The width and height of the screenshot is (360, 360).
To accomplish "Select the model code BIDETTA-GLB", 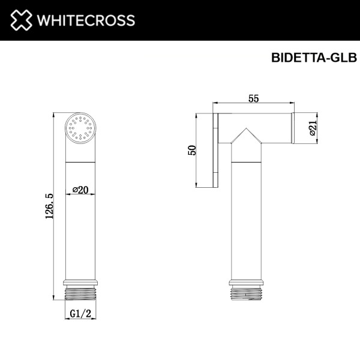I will pos(314,58).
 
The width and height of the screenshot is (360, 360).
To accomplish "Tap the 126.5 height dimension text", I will pos(49,206).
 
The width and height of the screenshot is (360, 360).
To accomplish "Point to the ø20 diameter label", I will pos(80,190).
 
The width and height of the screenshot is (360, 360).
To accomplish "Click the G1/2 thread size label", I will pos(80,313).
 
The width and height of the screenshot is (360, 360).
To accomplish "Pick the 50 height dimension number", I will pos(192,150).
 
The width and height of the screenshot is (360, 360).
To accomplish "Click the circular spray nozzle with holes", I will pos(80,128).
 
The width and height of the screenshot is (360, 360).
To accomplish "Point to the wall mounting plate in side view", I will pos(217,150).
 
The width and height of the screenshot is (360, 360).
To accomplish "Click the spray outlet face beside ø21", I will pos(293,128).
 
